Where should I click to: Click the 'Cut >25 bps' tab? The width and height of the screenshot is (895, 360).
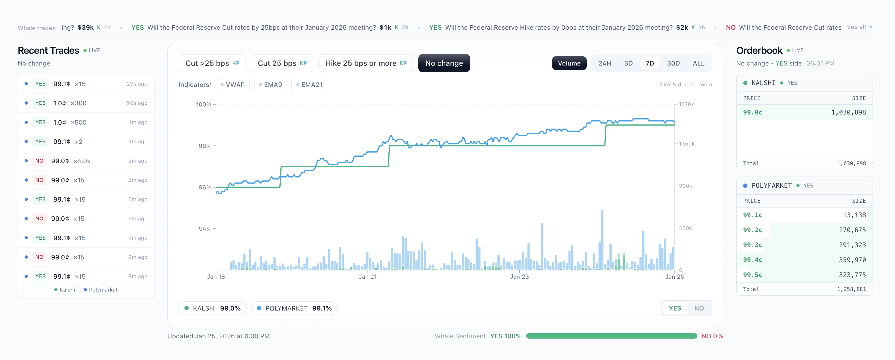point(212,63)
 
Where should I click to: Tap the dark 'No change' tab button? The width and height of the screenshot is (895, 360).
point(444,63)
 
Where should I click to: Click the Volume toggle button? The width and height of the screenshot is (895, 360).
point(569,63)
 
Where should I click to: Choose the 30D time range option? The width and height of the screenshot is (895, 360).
point(673,63)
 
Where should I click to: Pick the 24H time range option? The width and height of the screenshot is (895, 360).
point(604,63)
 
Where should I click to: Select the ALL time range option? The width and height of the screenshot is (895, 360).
point(698,63)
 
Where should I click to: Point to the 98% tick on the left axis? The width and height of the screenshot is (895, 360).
point(205,146)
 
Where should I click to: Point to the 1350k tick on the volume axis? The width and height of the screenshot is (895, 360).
point(686,144)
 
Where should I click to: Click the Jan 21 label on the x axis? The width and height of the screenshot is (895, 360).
point(368,277)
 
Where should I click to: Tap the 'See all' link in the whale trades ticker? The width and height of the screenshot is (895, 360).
point(859,27)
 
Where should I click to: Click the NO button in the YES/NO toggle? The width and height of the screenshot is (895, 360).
point(699,308)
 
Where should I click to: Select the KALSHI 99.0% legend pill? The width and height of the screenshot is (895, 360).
point(212,308)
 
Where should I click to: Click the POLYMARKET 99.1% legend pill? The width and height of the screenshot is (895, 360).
point(294,308)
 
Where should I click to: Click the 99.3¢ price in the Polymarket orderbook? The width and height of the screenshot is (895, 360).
point(753,245)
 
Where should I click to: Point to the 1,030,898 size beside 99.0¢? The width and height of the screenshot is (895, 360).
point(848,112)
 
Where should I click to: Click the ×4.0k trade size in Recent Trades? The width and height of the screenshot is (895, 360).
point(82,161)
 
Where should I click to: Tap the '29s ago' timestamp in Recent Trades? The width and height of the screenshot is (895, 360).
point(137,84)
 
